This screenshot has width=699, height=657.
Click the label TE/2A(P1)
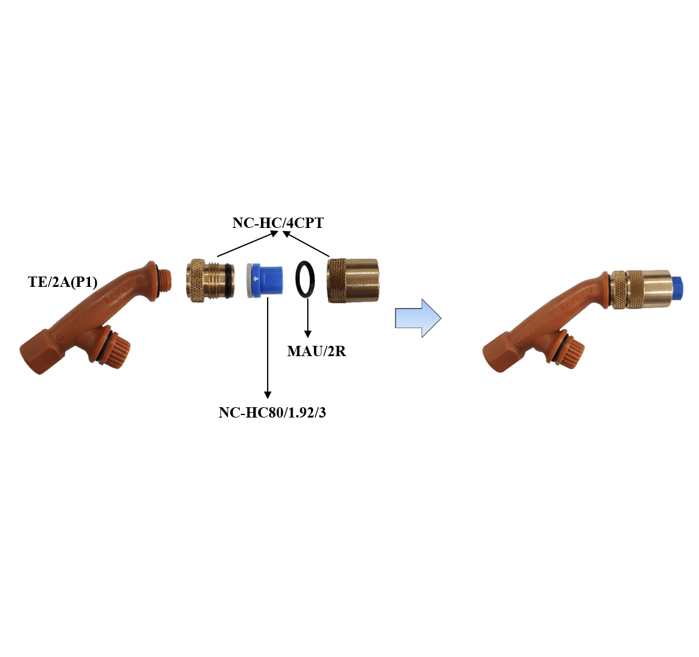coord(63,282)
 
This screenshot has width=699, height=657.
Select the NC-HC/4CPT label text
coord(278,222)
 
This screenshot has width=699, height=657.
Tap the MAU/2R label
coord(316,351)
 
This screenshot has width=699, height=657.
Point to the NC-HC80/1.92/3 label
coord(272,413)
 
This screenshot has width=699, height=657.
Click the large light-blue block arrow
coord(418,318)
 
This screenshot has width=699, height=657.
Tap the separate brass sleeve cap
coord(353,281)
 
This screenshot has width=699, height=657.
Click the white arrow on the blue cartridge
coord(256,280)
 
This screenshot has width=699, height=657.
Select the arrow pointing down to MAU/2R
coord(308,318)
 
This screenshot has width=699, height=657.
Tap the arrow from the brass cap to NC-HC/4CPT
coord(306,244)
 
